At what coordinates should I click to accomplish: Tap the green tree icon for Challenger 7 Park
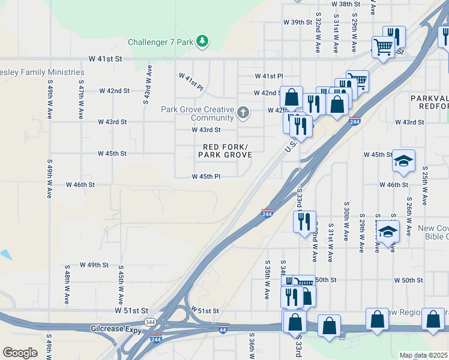tap(203, 41)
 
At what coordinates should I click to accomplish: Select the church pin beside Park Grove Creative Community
tap(243, 112)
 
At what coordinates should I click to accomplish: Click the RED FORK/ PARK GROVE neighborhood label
tap(224, 151)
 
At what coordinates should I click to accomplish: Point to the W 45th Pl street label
tap(206, 176)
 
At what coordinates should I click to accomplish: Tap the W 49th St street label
tap(86, 265)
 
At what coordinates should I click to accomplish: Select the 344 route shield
tap(155, 322)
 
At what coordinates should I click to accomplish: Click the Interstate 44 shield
tap(223, 330)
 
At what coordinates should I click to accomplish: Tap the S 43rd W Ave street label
tap(146, 85)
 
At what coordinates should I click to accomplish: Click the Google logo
tap(20, 353)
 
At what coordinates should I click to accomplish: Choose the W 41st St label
tap(105, 59)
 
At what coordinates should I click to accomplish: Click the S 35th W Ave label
tap(267, 280)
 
